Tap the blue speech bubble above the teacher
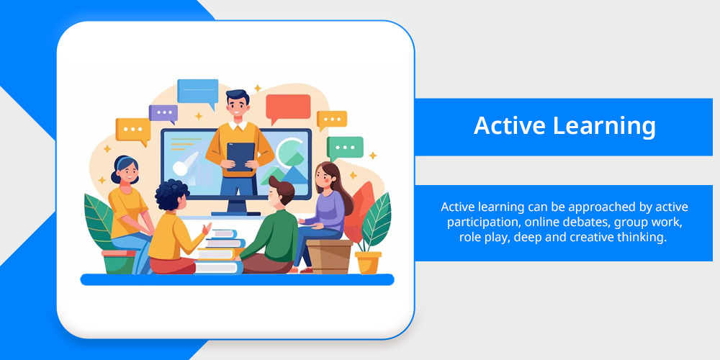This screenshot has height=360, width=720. click(198, 93)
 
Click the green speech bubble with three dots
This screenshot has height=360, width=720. click(345, 148)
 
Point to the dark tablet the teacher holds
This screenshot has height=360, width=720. click(240, 156)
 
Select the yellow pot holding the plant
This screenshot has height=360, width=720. click(368, 262)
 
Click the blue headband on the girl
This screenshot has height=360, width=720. click(123, 161)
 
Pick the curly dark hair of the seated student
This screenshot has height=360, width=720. click(172, 194)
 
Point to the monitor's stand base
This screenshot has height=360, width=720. click(236, 212)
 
